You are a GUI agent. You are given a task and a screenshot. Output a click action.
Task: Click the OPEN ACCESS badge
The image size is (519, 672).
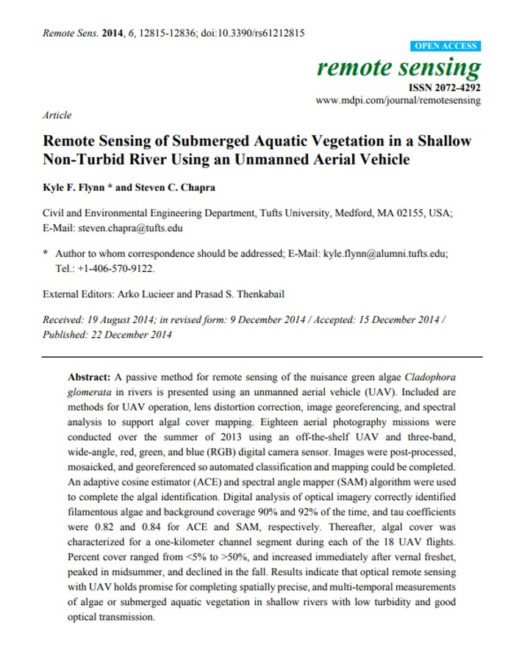tap(445, 46)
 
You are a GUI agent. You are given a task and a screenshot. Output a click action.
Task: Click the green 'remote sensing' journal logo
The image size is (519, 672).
tap(398, 68)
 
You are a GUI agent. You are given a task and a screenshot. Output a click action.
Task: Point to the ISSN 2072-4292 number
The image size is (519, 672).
tap(450, 87)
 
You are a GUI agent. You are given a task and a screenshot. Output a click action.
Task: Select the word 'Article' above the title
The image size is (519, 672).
tap(57, 115)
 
